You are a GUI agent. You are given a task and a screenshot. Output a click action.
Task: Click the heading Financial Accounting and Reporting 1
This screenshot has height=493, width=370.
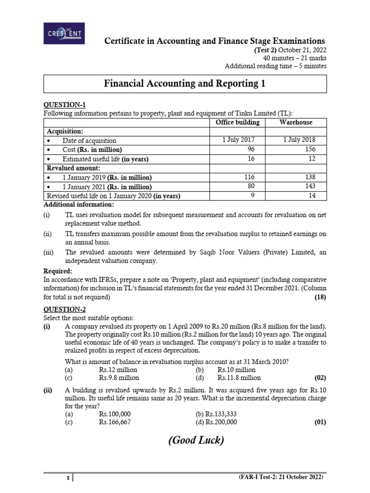click(x=185, y=84)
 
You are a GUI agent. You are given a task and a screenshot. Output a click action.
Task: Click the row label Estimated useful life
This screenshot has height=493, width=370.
click(x=105, y=159)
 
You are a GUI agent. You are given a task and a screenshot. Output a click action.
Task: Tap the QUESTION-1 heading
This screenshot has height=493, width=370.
click(x=65, y=104)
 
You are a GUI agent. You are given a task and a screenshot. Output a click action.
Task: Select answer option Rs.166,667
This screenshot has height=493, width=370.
click(x=115, y=422)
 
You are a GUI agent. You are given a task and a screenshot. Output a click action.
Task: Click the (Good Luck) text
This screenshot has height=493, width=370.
click(x=196, y=441)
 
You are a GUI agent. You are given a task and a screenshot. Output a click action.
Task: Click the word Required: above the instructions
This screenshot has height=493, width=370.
click(x=58, y=271)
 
